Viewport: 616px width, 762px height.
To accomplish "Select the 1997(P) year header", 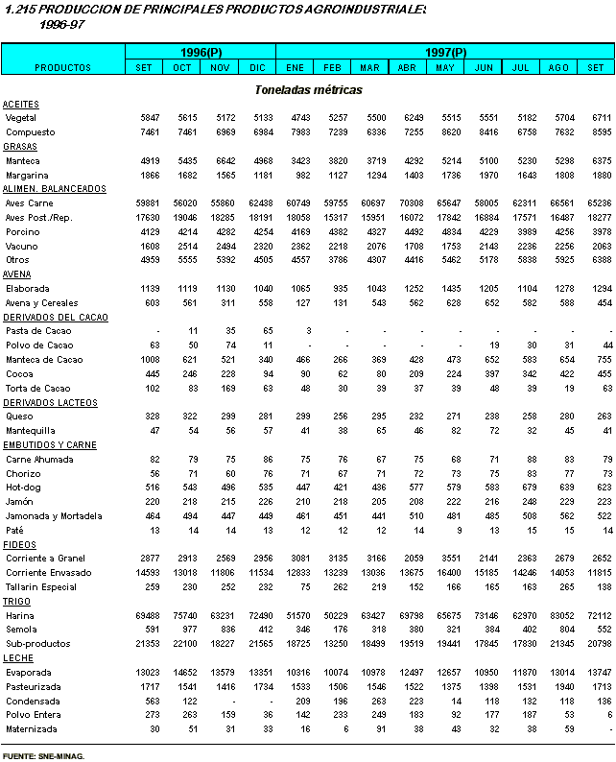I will (445, 52).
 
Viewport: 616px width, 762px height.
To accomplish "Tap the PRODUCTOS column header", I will (62, 68).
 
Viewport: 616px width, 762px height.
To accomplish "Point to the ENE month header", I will (295, 68).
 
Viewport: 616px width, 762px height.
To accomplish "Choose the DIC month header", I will (257, 68).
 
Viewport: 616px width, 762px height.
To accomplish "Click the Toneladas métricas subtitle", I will (308, 89).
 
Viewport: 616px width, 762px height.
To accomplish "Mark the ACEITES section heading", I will (20, 104).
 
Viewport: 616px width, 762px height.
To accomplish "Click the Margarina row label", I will (27, 176).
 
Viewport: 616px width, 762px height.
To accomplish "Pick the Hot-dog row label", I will (23, 488).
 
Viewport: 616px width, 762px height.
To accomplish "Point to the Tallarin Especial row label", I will (40, 586).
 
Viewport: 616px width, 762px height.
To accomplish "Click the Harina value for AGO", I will (559, 614).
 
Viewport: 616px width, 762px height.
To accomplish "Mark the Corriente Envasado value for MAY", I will (445, 572).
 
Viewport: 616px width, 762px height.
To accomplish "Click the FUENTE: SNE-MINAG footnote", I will (43, 756).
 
